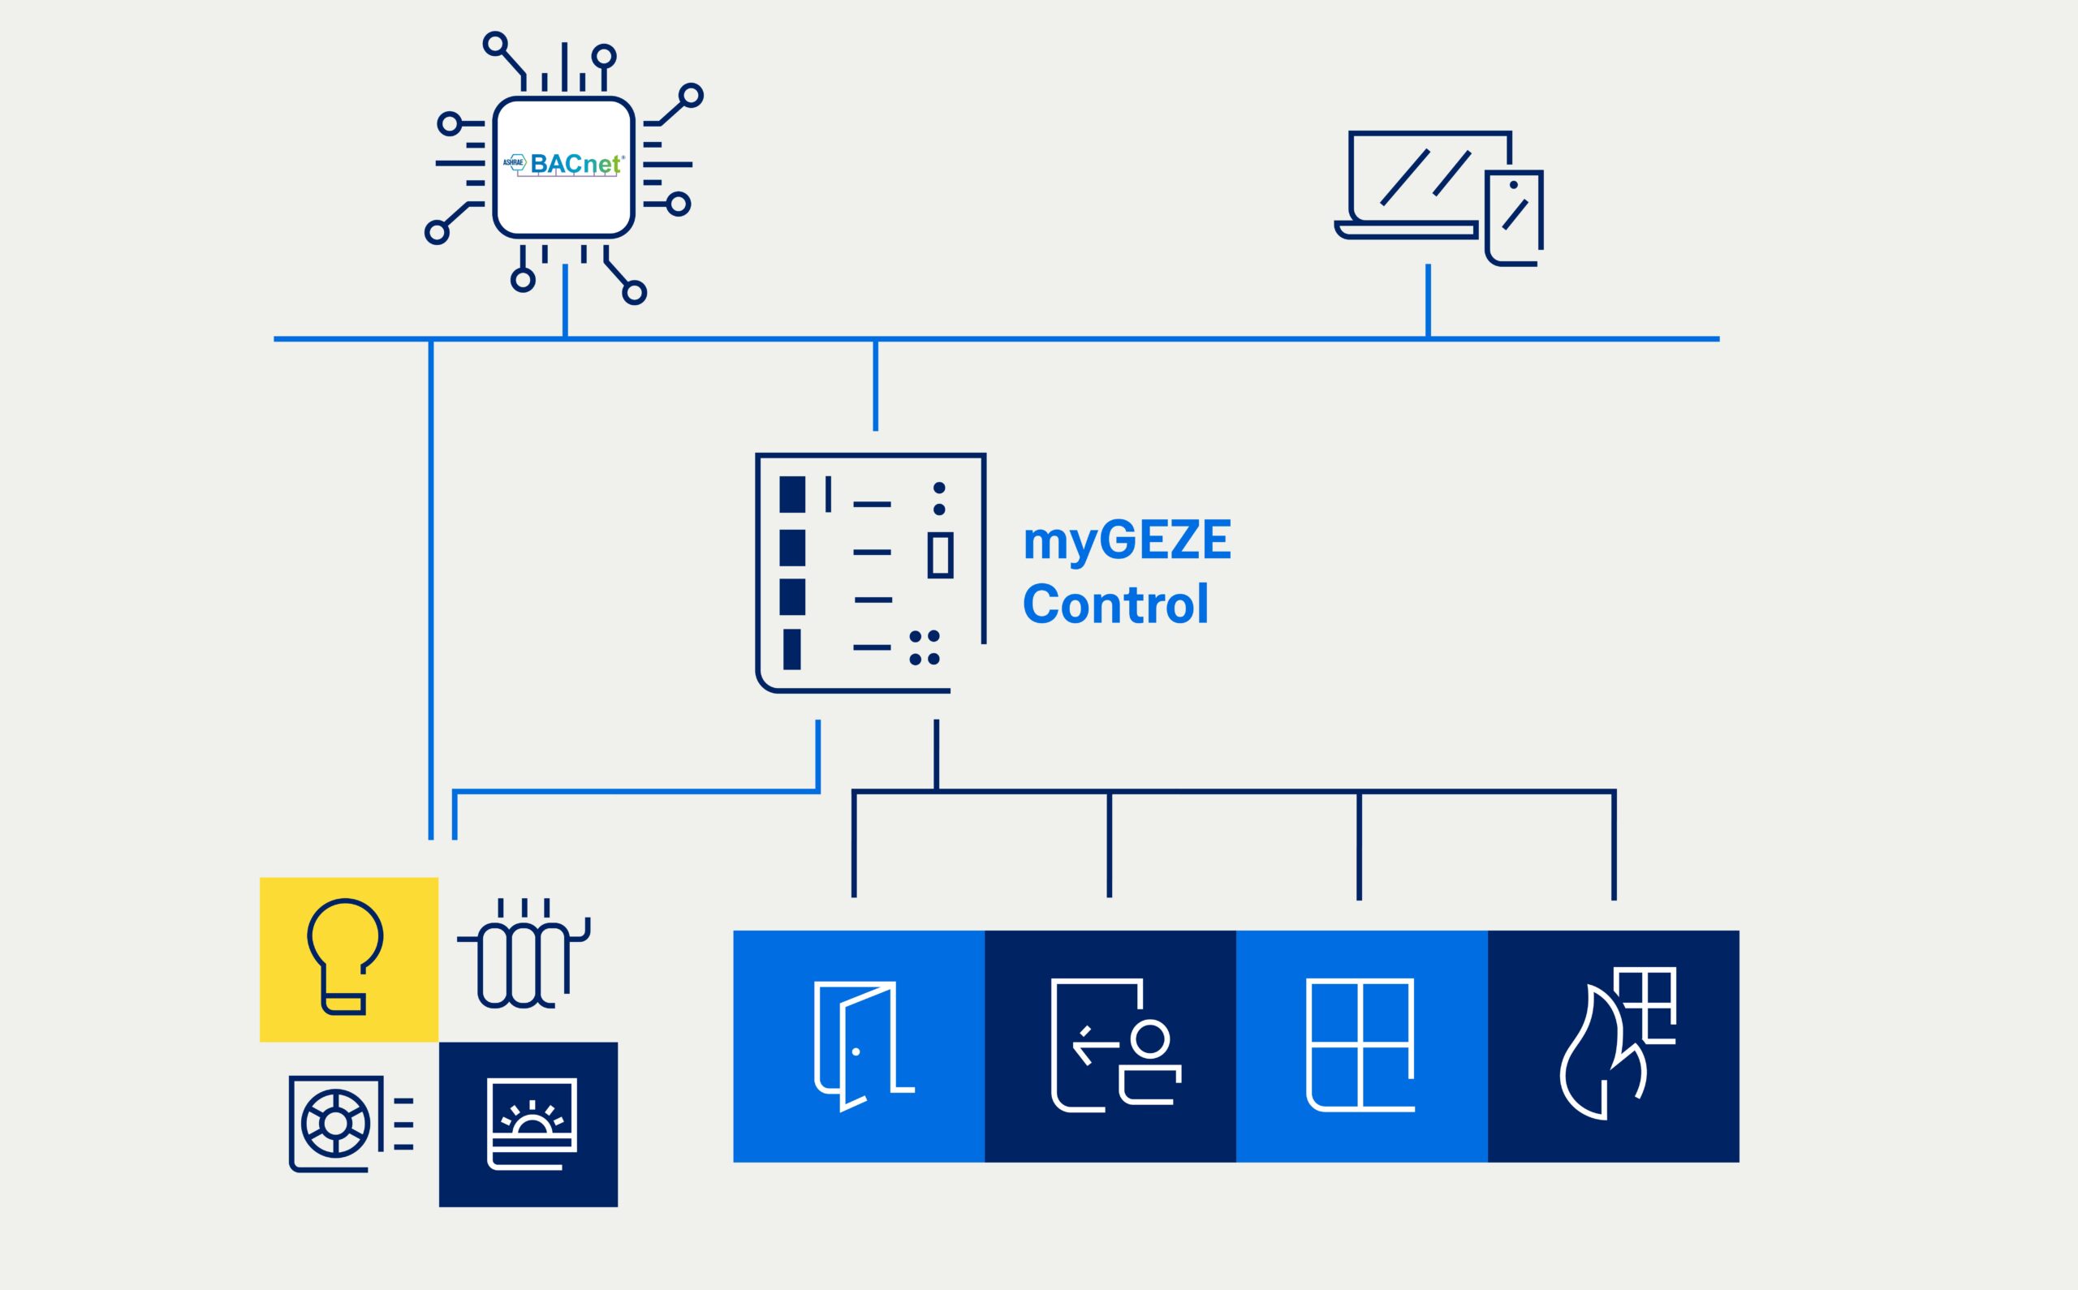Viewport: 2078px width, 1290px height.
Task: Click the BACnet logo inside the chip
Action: (563, 164)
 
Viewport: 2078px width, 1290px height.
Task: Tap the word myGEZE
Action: (1127, 541)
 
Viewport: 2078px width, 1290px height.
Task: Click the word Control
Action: (1115, 604)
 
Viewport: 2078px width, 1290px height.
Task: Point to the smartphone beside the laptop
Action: (1515, 217)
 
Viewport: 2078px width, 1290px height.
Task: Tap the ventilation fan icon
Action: (335, 1124)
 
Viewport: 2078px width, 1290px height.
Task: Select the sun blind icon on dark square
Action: (532, 1123)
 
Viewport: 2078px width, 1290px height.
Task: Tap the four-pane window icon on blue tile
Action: (1361, 1046)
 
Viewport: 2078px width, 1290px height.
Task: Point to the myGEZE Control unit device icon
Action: (870, 573)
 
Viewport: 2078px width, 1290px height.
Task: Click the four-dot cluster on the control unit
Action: (925, 647)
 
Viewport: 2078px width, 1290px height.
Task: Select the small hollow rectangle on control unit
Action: (941, 556)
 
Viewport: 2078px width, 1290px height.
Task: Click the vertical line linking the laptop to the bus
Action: (1428, 300)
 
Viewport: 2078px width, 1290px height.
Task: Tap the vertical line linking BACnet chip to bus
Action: (565, 300)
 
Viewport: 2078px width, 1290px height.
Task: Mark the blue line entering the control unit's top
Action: (876, 385)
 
